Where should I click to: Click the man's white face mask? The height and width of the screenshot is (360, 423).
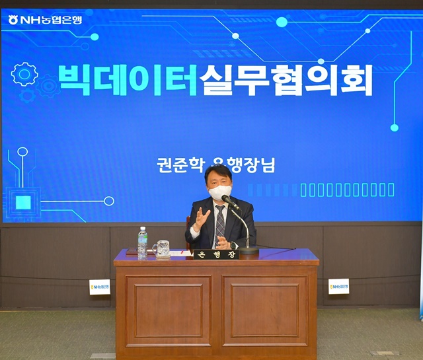pos(219,192)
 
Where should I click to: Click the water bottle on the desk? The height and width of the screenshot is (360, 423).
pos(142,242)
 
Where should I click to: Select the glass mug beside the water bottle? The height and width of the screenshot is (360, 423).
pos(162,248)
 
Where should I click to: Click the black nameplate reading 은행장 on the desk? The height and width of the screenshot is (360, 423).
pos(213,254)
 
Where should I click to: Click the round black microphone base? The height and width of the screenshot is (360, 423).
pos(249,250)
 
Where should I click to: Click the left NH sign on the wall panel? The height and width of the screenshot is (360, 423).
pos(100,287)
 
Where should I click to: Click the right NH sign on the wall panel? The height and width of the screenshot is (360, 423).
pos(338,286)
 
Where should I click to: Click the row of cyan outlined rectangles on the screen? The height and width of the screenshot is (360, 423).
pos(347,190)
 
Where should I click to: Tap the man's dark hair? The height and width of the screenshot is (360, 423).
pos(218,173)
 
